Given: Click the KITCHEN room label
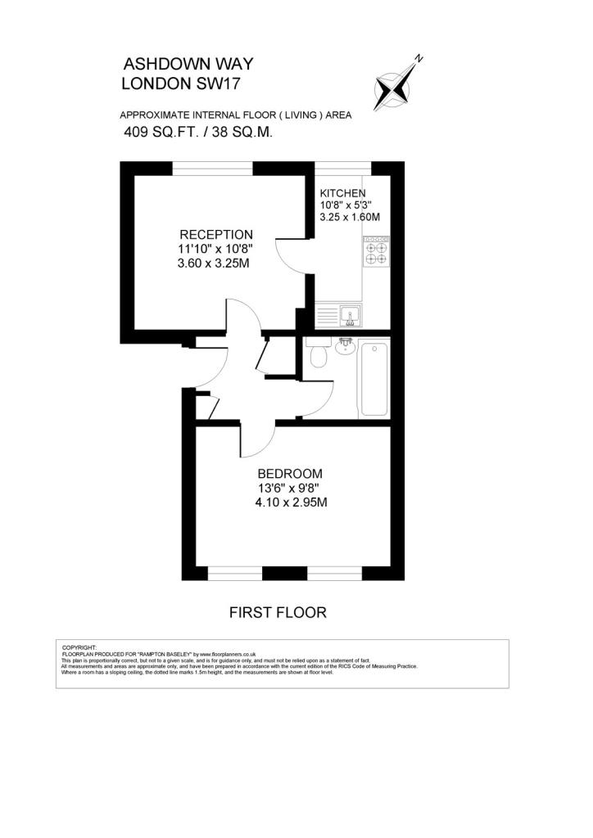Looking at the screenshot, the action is pyautogui.click(x=342, y=193).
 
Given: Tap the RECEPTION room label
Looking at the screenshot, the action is pyautogui.click(x=216, y=235).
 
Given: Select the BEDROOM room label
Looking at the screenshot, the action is pyautogui.click(x=290, y=474).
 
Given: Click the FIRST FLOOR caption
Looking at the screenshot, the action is pyautogui.click(x=278, y=612).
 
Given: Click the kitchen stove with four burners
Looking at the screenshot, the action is pyautogui.click(x=376, y=251).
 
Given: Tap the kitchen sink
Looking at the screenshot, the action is pyautogui.click(x=351, y=315).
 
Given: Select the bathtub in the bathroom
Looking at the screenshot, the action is pyautogui.click(x=374, y=379).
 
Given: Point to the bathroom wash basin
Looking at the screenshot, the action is pyautogui.click(x=346, y=346).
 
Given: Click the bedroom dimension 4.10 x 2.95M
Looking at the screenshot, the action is pyautogui.click(x=291, y=502).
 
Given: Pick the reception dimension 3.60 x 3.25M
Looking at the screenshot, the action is pyautogui.click(x=213, y=264).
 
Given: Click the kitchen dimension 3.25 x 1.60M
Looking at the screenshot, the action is pyautogui.click(x=350, y=217).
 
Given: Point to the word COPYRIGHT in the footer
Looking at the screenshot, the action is pyautogui.click(x=79, y=648).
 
